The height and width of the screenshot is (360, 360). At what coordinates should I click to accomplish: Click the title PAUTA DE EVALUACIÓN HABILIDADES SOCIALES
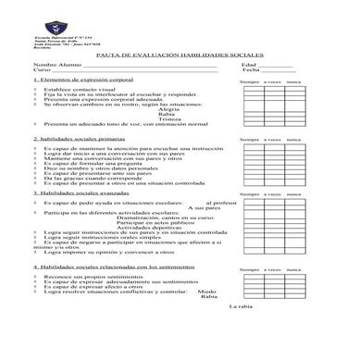(180, 56)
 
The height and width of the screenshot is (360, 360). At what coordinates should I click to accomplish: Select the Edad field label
(248, 65)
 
